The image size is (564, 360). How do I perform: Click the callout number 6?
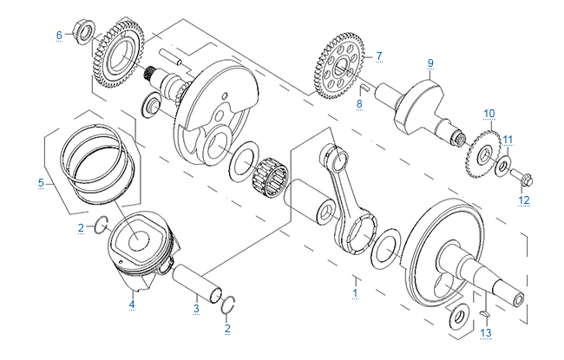(x=59, y=35)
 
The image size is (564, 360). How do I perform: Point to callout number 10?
(x=489, y=114)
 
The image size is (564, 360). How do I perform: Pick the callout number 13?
(x=486, y=333)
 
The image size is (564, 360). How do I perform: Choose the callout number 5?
(x=41, y=183)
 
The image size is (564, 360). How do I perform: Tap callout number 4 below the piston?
(x=132, y=304)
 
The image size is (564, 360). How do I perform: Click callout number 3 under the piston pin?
(x=197, y=307)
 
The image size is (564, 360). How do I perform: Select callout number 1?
(x=354, y=293)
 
